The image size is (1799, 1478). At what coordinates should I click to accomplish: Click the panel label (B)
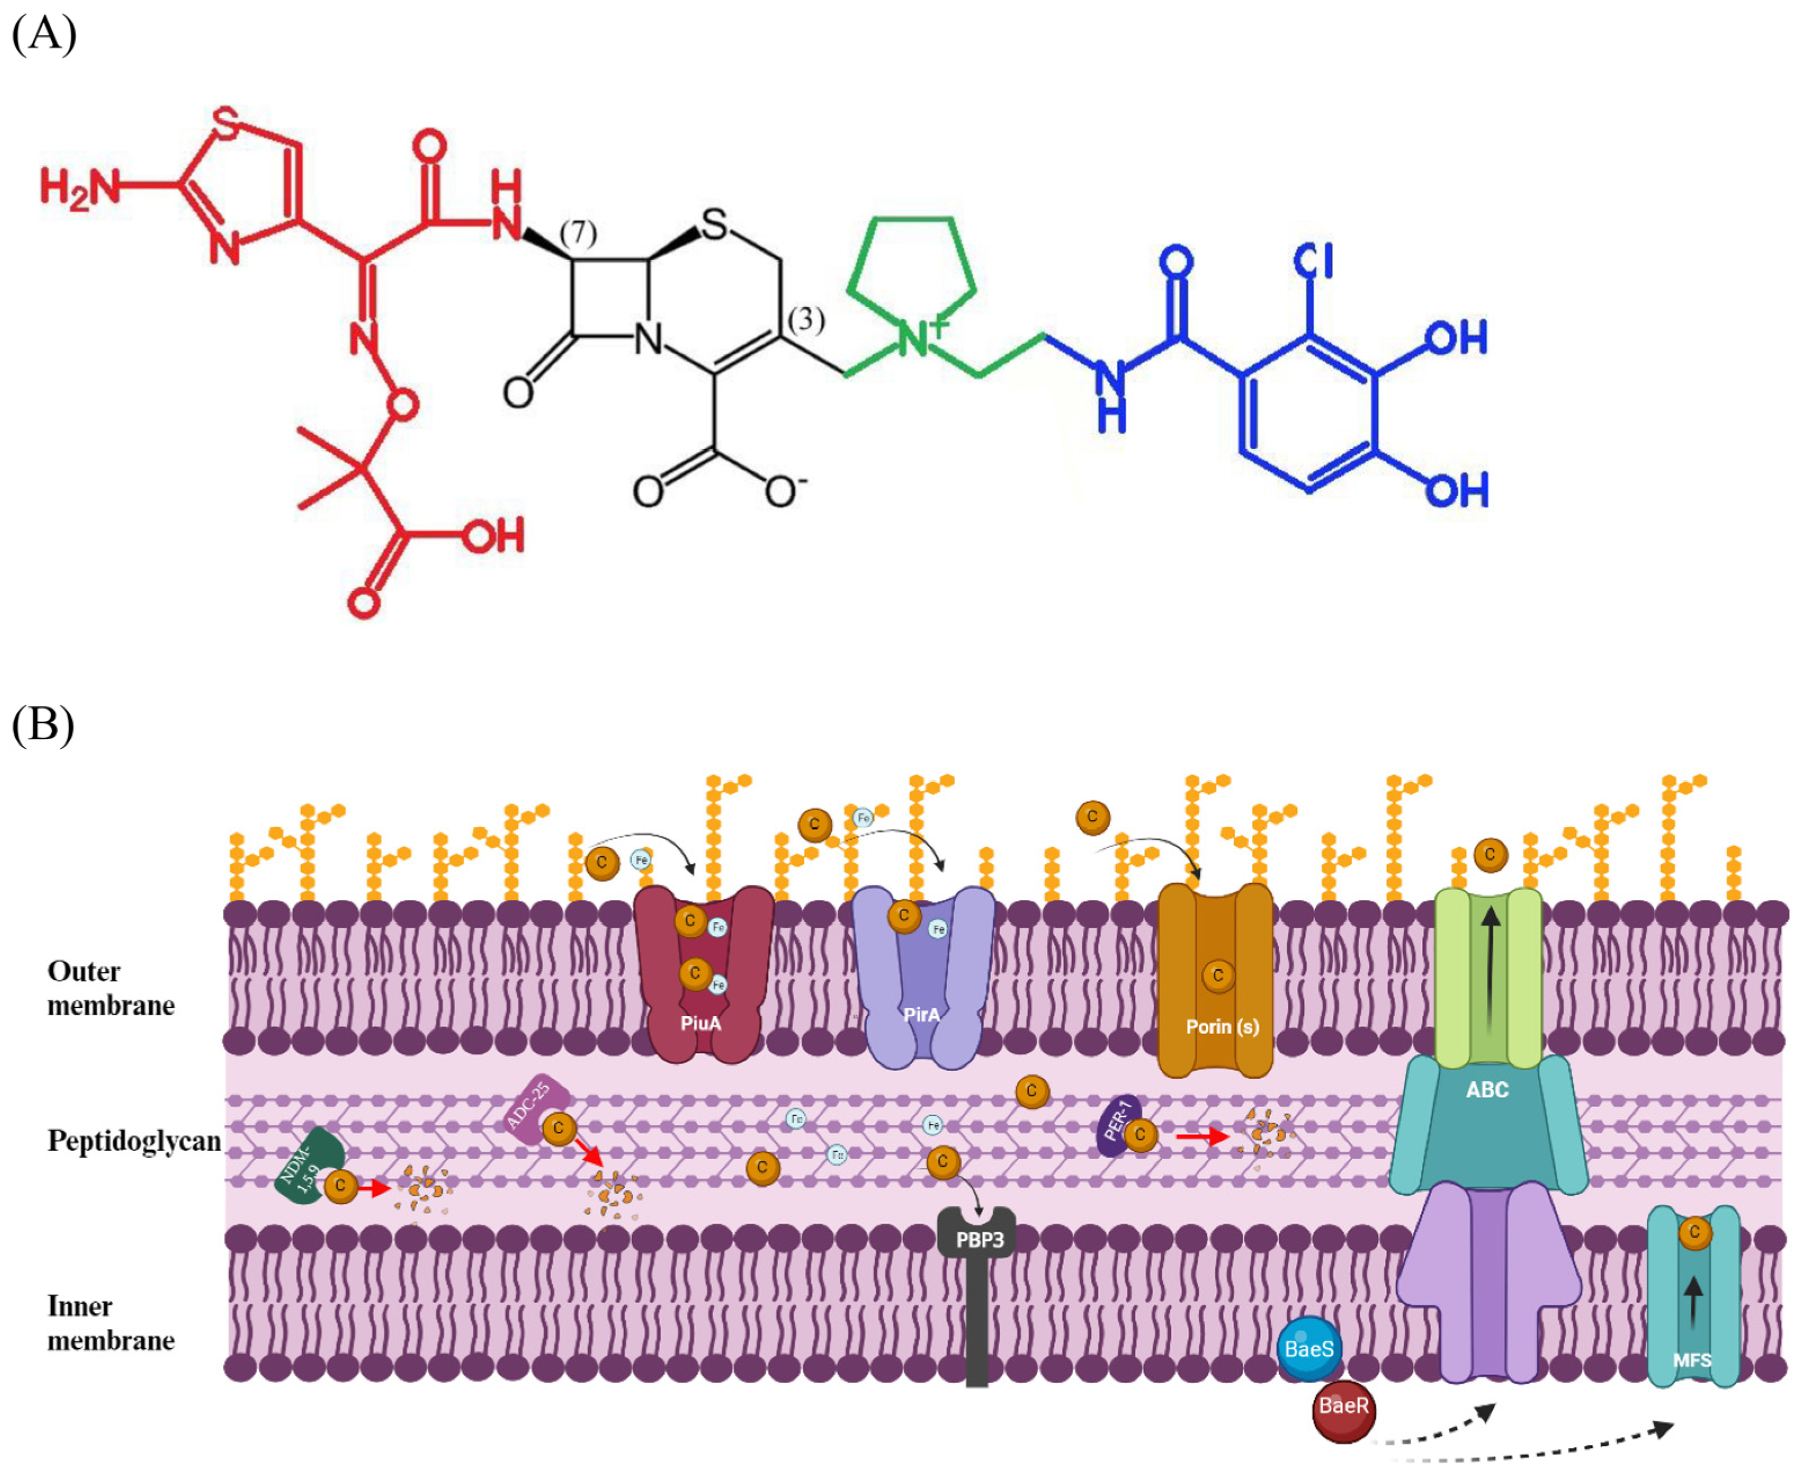[x=43, y=724]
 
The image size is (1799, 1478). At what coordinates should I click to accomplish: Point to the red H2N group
[x=78, y=187]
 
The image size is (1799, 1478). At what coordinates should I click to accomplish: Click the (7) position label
[x=578, y=232]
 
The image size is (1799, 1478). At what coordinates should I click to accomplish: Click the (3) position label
[x=806, y=320]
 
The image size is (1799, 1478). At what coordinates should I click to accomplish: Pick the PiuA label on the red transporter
[x=701, y=1023]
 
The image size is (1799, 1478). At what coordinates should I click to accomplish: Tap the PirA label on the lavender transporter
[x=922, y=1015]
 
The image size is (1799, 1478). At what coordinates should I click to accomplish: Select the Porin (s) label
[x=1222, y=1027]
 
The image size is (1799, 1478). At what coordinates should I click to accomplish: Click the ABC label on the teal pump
[x=1487, y=1090]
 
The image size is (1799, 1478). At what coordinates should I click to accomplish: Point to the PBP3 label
[x=980, y=1239]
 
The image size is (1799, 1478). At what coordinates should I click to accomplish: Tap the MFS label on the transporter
[x=1692, y=1360]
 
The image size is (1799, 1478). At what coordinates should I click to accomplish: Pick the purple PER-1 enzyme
[x=1116, y=1125]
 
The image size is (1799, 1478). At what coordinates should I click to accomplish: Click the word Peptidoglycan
[x=133, y=1141]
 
